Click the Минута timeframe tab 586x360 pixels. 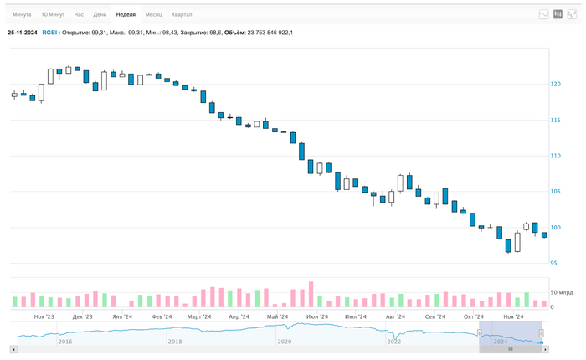coord(22,14)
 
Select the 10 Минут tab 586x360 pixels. coord(52,14)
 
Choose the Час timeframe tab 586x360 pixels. coord(79,14)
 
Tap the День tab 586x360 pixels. coord(100,14)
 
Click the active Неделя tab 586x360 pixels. coord(126,14)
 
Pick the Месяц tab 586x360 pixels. coord(153,14)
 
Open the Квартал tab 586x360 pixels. coord(181,14)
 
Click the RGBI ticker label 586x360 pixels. coord(50,32)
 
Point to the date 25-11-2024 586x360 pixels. coord(22,32)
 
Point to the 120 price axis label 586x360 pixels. coord(556,84)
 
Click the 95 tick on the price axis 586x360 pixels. coord(554,264)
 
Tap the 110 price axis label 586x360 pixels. coord(556,156)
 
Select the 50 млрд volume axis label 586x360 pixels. coord(563,292)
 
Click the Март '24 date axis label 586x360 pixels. coord(199,317)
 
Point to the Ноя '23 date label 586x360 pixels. coord(44,317)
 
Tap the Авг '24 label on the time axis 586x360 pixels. coord(395,317)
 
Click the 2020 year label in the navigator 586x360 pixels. coord(285,342)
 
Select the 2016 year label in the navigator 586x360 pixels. coord(65,342)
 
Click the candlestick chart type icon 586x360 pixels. coord(558,14)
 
